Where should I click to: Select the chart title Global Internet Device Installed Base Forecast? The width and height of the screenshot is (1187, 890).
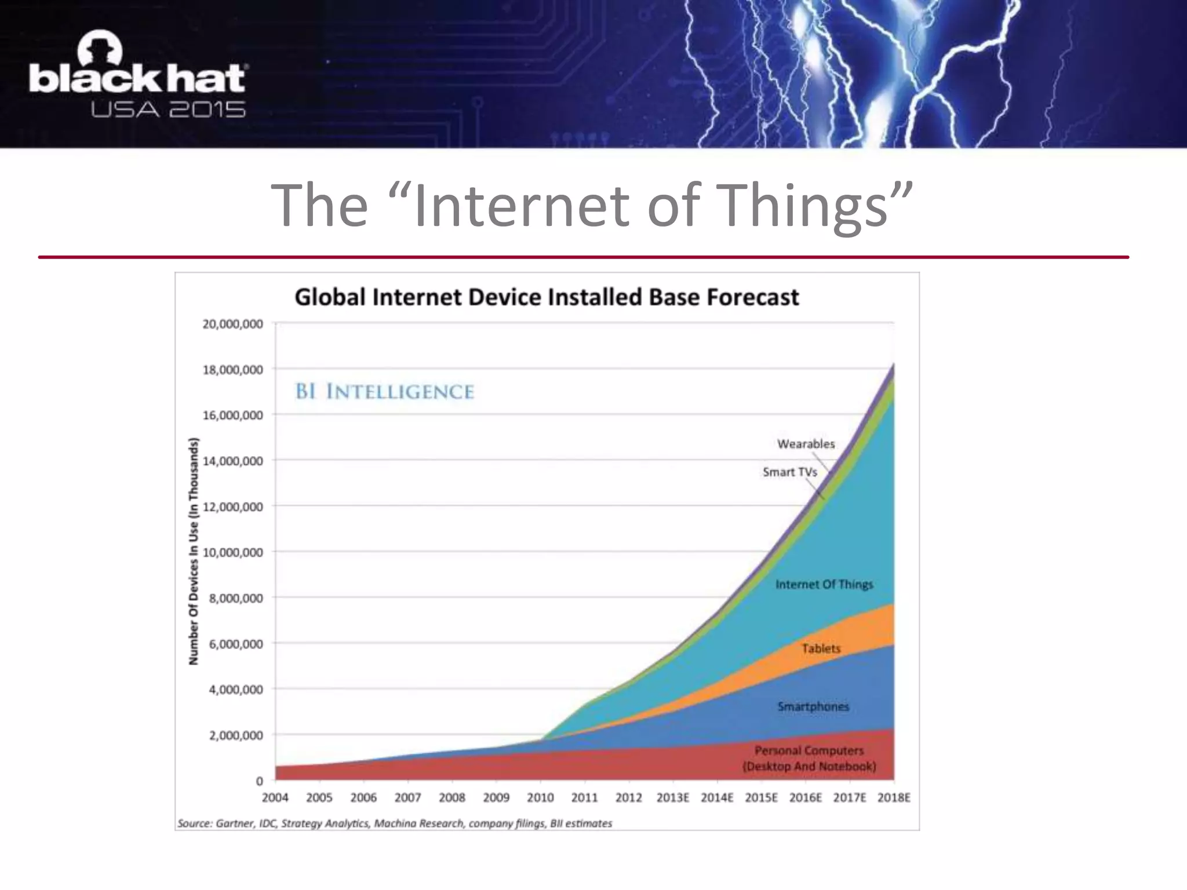547,297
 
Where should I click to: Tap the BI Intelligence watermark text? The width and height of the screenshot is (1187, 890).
385,392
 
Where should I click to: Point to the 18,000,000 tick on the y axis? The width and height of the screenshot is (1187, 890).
232,370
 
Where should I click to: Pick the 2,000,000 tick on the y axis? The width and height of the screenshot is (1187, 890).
236,735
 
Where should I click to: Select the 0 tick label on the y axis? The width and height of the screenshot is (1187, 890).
259,781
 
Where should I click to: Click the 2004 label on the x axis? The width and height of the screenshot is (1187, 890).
275,798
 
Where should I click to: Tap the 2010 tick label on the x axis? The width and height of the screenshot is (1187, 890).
540,798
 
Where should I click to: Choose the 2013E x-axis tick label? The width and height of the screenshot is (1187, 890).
672,798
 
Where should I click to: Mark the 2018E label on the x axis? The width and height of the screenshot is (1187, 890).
894,798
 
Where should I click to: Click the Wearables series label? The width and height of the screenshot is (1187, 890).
806,444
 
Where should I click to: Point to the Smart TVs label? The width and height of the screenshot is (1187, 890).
789,472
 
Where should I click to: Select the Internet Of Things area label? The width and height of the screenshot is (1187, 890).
824,584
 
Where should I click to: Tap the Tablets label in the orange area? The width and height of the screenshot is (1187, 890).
821,648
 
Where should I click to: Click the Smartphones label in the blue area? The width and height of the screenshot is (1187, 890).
813,706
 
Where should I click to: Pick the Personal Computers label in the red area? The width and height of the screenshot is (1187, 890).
809,758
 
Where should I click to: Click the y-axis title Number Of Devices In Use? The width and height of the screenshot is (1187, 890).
194,550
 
